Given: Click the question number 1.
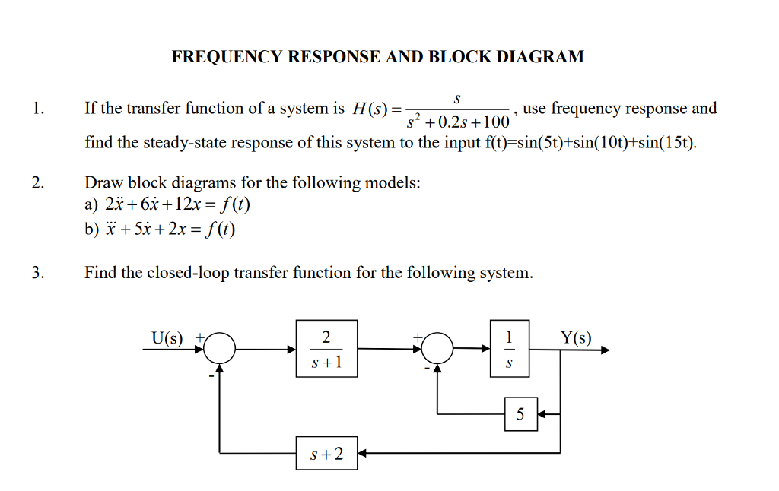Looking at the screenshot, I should click(38, 109).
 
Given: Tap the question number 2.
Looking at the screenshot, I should click(38, 182).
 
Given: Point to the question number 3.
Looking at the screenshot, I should click(38, 273).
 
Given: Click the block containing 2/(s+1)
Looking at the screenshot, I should click(326, 349).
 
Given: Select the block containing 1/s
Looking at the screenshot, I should click(510, 349).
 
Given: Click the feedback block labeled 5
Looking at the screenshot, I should click(520, 414).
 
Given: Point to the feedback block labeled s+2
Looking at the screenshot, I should click(326, 454).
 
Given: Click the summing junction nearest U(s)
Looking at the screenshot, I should click(220, 350).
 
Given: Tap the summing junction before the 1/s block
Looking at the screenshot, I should click(437, 350).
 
